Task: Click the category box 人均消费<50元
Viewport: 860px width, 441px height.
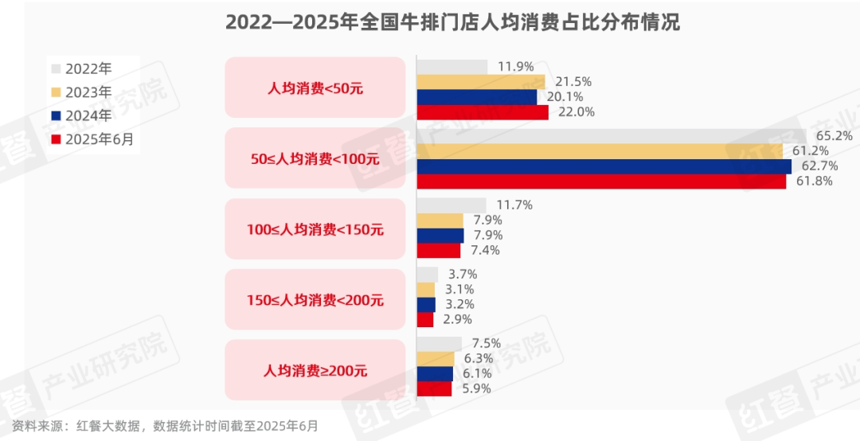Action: (x=315, y=88)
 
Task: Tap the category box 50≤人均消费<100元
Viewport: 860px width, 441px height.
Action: (x=315, y=158)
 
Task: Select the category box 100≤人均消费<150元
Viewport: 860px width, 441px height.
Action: (x=315, y=229)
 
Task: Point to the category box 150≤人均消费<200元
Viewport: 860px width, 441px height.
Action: (x=315, y=300)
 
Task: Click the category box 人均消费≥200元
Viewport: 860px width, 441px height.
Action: (x=315, y=370)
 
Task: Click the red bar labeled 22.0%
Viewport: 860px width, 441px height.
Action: (x=483, y=112)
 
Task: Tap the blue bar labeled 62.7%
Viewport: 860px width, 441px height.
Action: (x=604, y=166)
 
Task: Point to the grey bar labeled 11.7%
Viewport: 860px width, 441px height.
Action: (x=451, y=205)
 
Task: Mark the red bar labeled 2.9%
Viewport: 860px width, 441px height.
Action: (x=425, y=319)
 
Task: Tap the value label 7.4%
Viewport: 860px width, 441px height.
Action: (x=485, y=251)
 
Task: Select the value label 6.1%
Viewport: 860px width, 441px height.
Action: (x=477, y=373)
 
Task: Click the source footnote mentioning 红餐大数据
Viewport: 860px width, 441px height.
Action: (x=165, y=426)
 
